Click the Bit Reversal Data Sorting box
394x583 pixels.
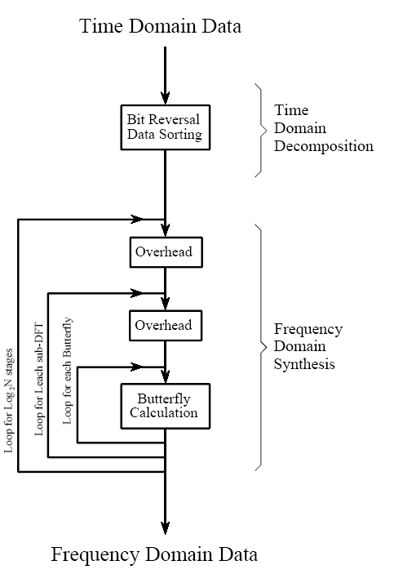[166, 127]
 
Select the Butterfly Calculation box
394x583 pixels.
[166, 406]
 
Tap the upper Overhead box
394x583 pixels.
[166, 252]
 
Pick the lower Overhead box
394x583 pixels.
[166, 326]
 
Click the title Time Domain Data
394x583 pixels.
[160, 26]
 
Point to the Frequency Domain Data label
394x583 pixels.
[154, 554]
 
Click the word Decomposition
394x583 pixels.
[324, 146]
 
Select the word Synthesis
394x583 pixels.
[304, 364]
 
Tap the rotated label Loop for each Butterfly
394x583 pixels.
[67, 371]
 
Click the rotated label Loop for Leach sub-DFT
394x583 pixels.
[38, 379]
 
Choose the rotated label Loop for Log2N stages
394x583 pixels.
[8, 400]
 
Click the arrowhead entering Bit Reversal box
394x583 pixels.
[166, 98]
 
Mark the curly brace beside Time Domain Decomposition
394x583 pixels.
[261, 130]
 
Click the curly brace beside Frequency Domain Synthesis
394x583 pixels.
[261, 347]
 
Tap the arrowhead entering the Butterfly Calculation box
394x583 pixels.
[166, 376]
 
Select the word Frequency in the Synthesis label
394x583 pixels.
[308, 330]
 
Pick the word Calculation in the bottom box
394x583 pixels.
[164, 412]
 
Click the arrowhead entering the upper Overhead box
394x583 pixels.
[166, 229]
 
